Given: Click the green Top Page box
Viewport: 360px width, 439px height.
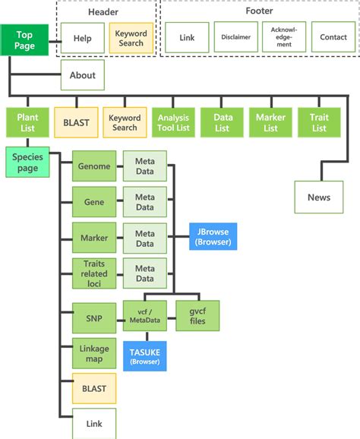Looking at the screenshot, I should click(x=24, y=40).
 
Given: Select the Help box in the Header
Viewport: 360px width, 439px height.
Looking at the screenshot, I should click(x=83, y=38).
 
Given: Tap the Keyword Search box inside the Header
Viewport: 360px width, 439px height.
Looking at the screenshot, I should click(x=131, y=38).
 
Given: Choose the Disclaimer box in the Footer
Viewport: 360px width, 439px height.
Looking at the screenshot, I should click(x=235, y=37).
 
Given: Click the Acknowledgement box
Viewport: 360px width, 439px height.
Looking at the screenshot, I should click(x=284, y=37).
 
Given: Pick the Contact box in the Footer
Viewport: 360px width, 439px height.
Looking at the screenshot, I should click(x=333, y=37).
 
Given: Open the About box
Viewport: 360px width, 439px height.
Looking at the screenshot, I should click(x=83, y=75).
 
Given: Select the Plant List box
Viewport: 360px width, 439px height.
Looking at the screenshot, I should click(x=27, y=122).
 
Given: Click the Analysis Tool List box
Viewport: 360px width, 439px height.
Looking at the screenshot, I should click(x=173, y=122).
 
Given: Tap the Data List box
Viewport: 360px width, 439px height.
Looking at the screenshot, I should click(x=222, y=122).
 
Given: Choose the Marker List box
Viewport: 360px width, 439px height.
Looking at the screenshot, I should click(x=270, y=122).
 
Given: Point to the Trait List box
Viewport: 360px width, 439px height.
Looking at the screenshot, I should click(x=319, y=122).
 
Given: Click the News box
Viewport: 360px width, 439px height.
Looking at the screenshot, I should click(x=319, y=197).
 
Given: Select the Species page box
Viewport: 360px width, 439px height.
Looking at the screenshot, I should click(x=28, y=162).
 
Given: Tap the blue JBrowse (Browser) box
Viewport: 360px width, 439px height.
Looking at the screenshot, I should click(x=213, y=236).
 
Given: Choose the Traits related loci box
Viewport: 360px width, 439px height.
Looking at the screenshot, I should click(x=94, y=273).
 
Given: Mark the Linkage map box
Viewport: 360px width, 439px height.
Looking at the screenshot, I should click(x=94, y=353).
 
